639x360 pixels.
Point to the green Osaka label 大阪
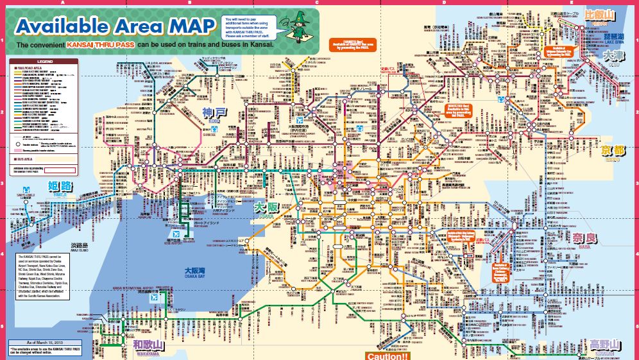pos(266,209)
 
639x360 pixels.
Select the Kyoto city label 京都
pos(613,151)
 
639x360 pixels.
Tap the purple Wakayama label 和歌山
pos(149,345)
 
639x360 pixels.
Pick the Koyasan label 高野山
pos(604,345)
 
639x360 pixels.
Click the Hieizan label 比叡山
pos(600,14)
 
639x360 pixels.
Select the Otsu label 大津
pos(615,56)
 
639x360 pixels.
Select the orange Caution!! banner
pos(387,356)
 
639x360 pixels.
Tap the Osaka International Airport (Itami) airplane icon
pos(299,120)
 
